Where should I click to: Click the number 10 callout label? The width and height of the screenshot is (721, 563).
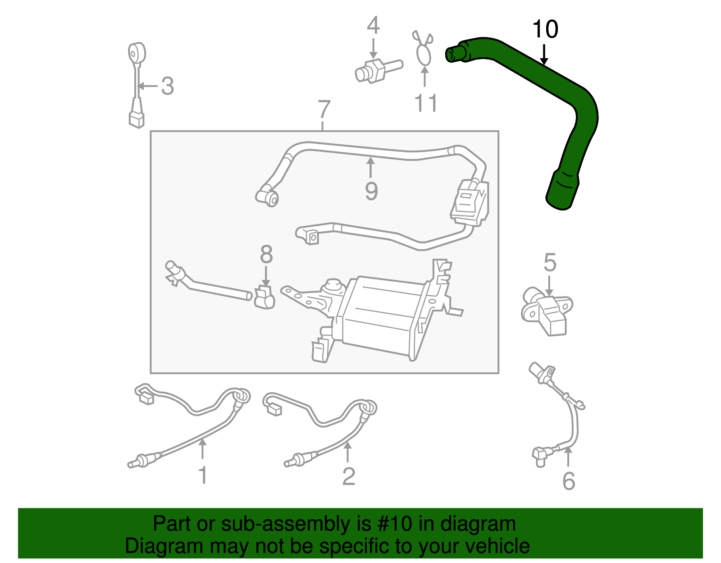(545, 29)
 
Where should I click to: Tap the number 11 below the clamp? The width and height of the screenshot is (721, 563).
(426, 103)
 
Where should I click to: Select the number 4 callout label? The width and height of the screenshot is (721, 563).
(373, 26)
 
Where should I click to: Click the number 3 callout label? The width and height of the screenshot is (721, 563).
(168, 86)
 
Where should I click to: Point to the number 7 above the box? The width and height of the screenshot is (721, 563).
(324, 110)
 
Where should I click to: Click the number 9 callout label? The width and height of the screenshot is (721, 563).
(371, 191)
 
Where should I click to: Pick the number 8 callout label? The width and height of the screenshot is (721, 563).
(266, 254)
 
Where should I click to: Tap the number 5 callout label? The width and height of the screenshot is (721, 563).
(550, 262)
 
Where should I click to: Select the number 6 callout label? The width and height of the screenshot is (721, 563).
(569, 481)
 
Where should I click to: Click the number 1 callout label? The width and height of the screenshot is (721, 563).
(203, 476)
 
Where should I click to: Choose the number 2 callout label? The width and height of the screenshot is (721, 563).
(348, 476)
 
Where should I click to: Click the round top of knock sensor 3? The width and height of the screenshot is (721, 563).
(136, 53)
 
